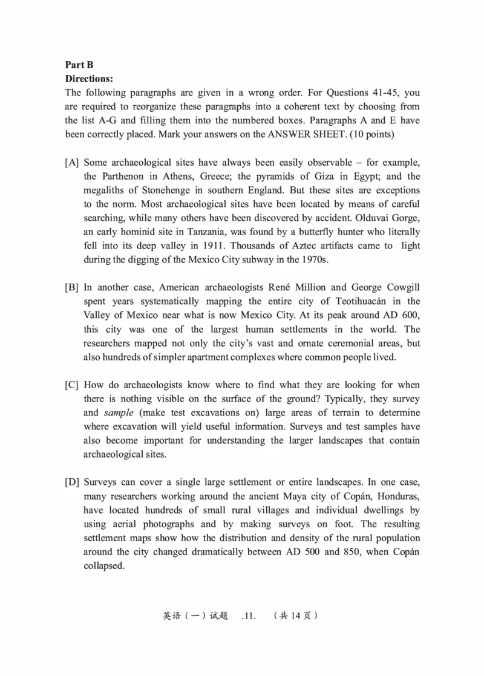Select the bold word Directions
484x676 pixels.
coord(89,79)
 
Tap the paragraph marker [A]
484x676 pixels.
coord(72,163)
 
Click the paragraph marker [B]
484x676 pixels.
coord(72,287)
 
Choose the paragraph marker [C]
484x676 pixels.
coord(72,385)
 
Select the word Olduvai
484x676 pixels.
coord(365,218)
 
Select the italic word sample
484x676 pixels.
coord(119,413)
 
